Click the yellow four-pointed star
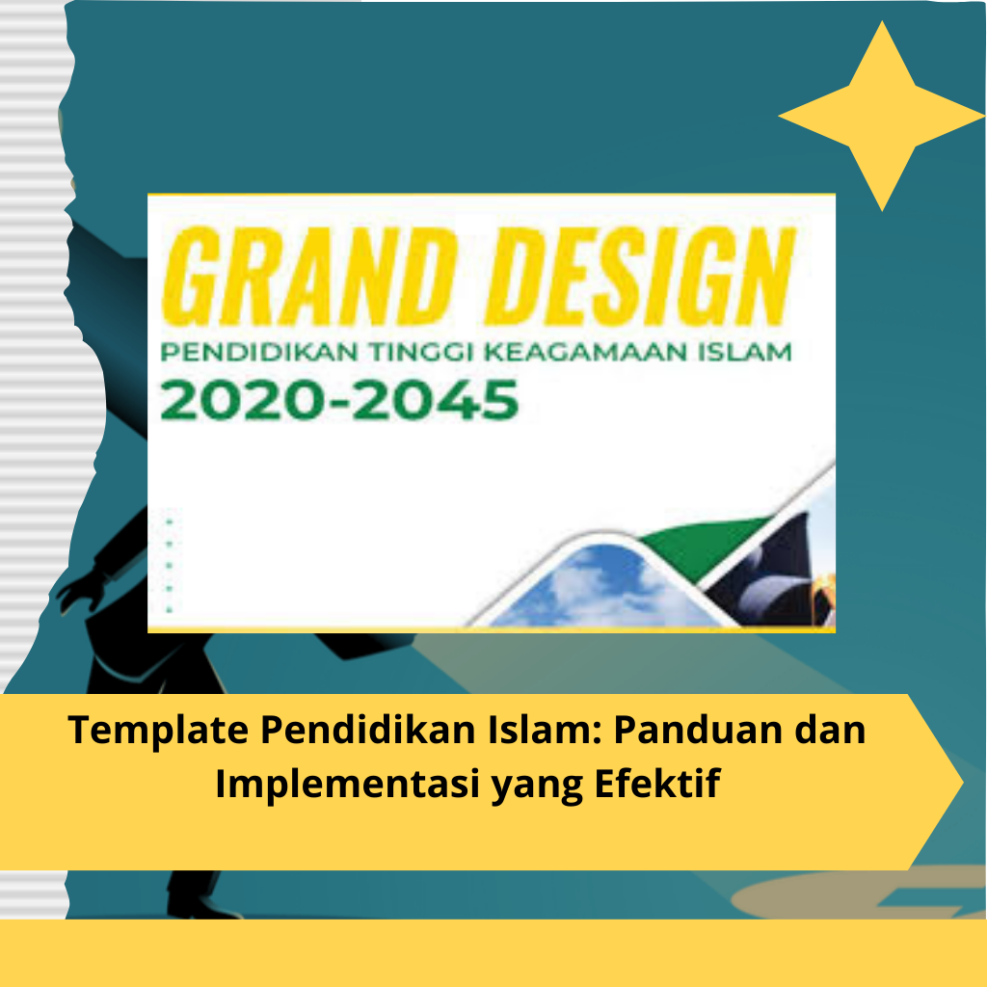pos(882,116)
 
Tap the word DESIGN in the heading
pos(641,277)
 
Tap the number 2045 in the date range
pos(435,400)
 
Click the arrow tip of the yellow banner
pos(963,783)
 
